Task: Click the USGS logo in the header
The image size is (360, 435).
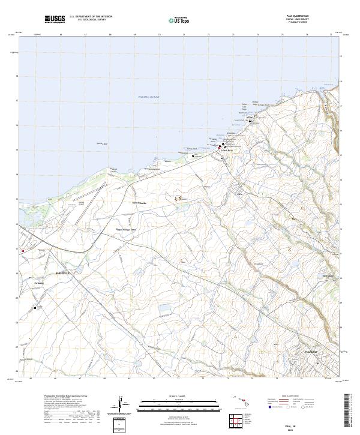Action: [x=55, y=19]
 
